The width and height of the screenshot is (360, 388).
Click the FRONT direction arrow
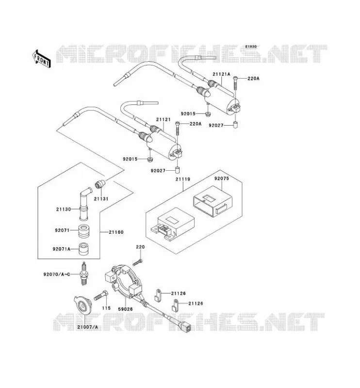(x=41, y=59)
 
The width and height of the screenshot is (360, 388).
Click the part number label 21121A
(x=221, y=74)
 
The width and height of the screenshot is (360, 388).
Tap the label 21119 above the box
(x=183, y=179)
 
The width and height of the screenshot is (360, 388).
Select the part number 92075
(x=222, y=178)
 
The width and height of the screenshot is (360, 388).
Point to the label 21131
(x=101, y=199)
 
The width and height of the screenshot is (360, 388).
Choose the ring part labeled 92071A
(x=84, y=249)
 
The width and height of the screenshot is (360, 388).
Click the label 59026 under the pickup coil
(x=125, y=309)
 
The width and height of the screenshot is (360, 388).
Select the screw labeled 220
(x=138, y=262)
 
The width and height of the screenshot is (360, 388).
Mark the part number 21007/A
(x=88, y=327)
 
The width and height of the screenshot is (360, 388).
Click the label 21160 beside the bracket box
(x=116, y=232)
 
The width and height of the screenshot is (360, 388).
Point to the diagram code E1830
(x=251, y=47)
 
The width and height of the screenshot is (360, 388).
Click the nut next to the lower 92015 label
(x=149, y=159)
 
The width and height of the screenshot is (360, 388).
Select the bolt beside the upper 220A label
(x=235, y=83)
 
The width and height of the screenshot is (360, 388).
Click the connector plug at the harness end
(x=186, y=327)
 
